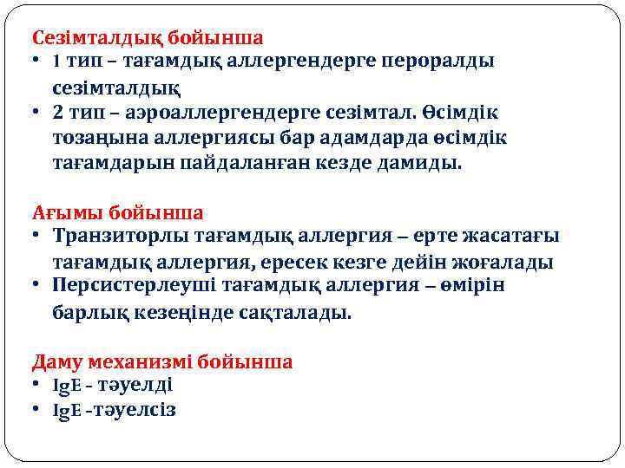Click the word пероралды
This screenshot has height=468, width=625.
[444, 62]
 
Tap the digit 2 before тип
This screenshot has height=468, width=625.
[57, 114]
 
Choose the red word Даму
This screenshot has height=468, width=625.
[55, 361]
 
